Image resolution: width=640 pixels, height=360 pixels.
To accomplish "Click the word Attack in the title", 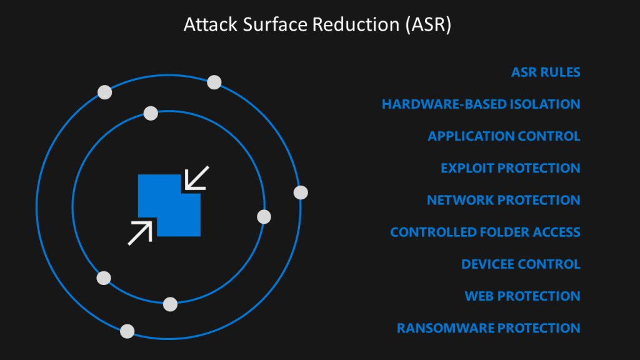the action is click(210, 24).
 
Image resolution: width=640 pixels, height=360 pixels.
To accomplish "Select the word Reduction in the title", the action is click(356, 24).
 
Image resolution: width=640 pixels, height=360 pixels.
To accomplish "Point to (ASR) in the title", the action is click(428, 25).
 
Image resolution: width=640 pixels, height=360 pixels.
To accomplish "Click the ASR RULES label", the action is click(546, 72).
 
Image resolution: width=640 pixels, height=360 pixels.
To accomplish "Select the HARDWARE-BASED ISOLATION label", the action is click(481, 104).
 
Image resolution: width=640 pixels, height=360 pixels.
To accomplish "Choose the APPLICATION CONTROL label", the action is click(504, 136).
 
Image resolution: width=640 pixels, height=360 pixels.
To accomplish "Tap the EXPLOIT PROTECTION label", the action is click(511, 168).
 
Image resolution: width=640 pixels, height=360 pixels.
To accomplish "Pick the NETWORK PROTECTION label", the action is click(504, 200).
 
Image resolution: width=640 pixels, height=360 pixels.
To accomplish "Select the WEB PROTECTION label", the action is click(522, 296).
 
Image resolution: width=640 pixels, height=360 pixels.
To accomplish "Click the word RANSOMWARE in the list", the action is click(445, 328).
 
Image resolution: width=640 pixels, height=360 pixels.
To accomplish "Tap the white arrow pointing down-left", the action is click(197, 178).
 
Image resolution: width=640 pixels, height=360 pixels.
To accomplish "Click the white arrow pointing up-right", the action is click(140, 232).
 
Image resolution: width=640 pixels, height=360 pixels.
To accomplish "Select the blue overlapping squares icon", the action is click(169, 205).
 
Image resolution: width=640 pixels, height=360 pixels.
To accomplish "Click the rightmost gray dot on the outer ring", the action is click(301, 192).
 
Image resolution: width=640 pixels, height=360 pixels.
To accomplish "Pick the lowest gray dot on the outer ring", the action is click(127, 331).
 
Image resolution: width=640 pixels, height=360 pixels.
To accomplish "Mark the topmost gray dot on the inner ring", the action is click(151, 113).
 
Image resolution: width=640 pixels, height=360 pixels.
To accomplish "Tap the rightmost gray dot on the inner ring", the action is click(264, 217).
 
